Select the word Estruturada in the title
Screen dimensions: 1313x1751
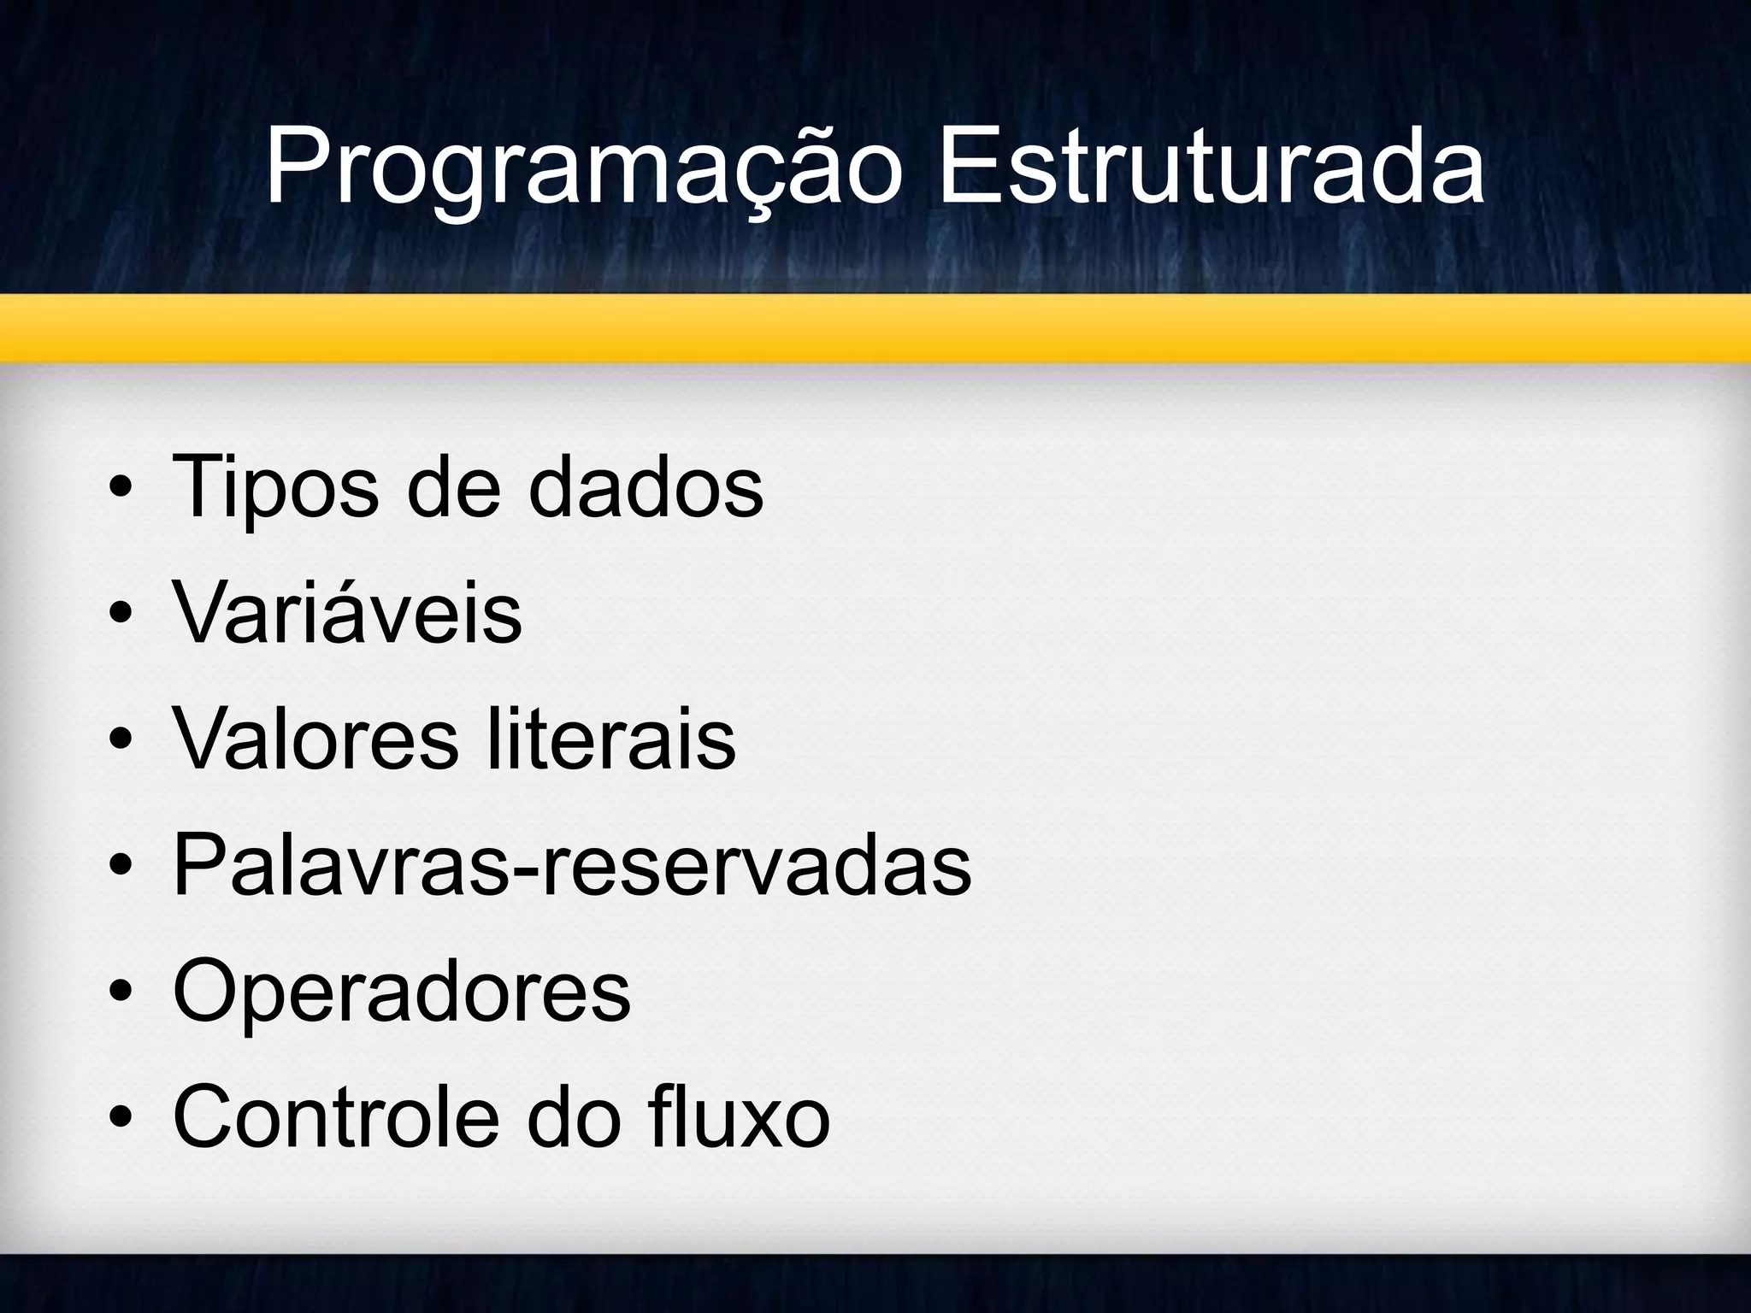click(x=1211, y=168)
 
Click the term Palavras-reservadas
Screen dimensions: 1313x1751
click(x=572, y=866)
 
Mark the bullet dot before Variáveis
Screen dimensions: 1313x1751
click(x=121, y=616)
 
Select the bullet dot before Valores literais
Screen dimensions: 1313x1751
click(x=121, y=742)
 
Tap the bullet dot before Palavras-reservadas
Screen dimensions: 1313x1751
click(x=121, y=868)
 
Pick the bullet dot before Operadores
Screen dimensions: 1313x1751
click(x=121, y=994)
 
